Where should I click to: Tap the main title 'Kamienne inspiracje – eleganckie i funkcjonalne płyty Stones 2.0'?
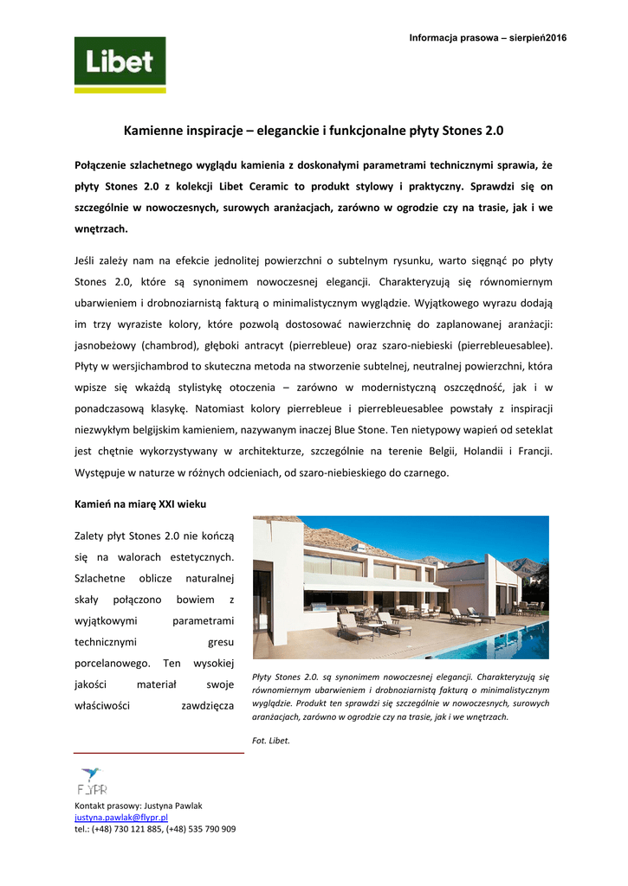(x=314, y=131)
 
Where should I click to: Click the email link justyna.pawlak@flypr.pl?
(x=120, y=817)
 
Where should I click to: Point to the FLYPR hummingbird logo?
(x=91, y=780)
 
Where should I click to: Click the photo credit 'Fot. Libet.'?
(x=271, y=741)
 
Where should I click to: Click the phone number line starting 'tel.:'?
(x=155, y=829)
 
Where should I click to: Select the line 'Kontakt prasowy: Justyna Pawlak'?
(x=139, y=806)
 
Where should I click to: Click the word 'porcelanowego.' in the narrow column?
(x=113, y=663)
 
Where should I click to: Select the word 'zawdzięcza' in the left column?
(x=207, y=705)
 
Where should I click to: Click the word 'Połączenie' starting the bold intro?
(x=104, y=164)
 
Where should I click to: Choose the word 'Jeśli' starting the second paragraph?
(x=87, y=260)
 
